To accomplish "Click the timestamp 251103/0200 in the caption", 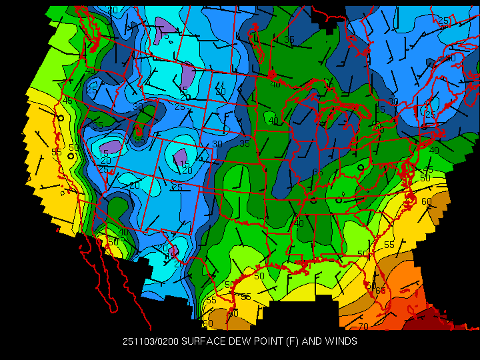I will (151, 341).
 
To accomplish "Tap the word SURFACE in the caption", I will (203, 341).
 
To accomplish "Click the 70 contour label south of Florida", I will (363, 327).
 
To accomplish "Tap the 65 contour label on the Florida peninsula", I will (381, 291).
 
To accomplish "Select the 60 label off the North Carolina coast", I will (426, 201).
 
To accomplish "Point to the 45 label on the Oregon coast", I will (67, 101).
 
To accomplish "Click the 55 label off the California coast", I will (57, 152).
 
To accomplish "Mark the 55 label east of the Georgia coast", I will (389, 245).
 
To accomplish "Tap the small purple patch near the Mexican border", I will (173, 252).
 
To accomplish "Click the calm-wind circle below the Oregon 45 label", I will (61, 117).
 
